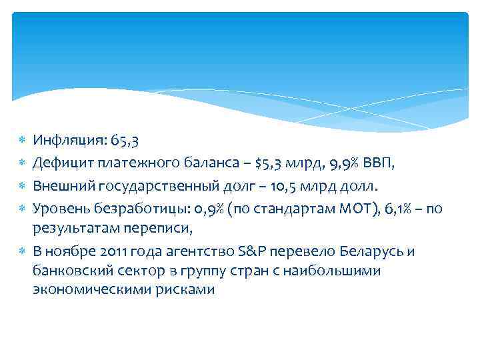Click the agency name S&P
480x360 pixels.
pos(253,251)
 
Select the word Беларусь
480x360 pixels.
pos(369,251)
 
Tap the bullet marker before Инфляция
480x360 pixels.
pos(21,141)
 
